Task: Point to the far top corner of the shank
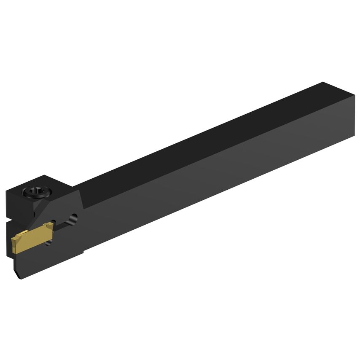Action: click(323, 83)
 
